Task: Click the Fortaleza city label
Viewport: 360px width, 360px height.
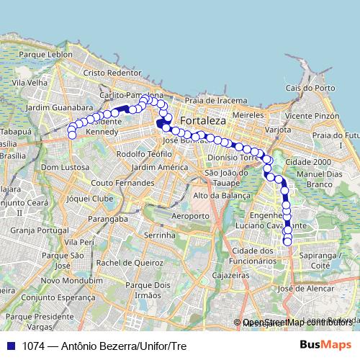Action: [203, 120]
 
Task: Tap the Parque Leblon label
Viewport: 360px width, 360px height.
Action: [46, 54]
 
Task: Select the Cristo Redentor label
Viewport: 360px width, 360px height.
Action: [112, 73]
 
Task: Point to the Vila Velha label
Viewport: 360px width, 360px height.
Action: [29, 83]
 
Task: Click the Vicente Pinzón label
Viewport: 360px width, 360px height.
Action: [312, 115]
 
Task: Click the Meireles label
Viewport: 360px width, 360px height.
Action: [249, 114]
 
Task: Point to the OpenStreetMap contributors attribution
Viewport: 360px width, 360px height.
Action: [295, 323]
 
